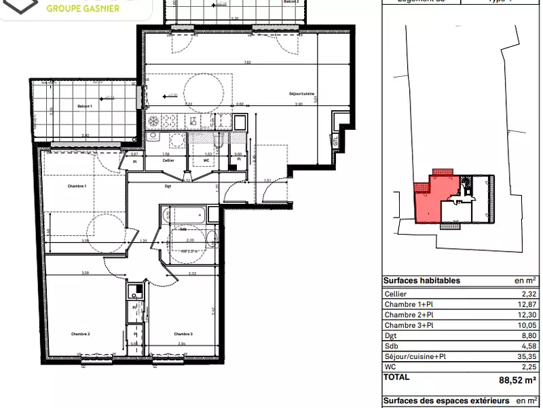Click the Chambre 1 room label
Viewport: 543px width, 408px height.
[x=77, y=186]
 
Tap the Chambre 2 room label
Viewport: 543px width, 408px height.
[x=79, y=334]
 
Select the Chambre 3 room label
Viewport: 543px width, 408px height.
[x=183, y=334]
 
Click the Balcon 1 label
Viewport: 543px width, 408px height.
[x=83, y=107]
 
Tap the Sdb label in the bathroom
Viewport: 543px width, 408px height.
[x=183, y=230]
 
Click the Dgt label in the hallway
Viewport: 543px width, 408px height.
[x=167, y=185]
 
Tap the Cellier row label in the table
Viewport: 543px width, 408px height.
[x=396, y=293]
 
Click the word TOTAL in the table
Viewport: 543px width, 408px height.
[x=396, y=376]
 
